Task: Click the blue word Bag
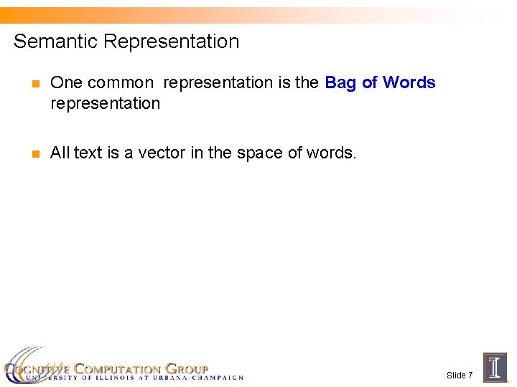[x=341, y=82]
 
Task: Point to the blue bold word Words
[x=409, y=82]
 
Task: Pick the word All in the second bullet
[x=60, y=153]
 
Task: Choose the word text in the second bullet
[x=88, y=153]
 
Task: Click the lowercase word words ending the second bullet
[x=331, y=153]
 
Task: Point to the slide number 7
[x=470, y=376]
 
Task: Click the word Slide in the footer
[x=455, y=376]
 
